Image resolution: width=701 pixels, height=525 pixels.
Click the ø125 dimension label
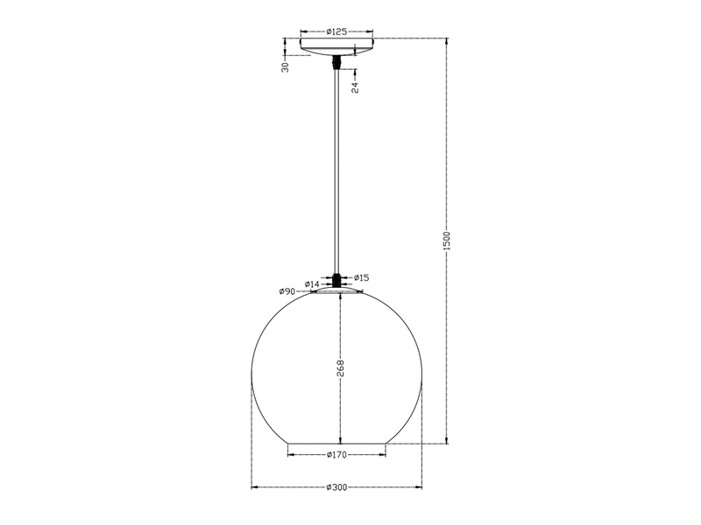pos(336,31)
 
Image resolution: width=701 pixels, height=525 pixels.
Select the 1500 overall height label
pos(449,241)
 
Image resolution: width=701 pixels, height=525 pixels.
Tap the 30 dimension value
pos(286,67)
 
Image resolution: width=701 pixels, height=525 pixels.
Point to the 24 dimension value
pos(355,87)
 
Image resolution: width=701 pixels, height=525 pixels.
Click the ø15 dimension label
pos(362,277)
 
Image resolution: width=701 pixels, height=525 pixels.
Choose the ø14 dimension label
pos(312,283)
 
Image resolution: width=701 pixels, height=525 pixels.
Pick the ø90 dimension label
pos(287,291)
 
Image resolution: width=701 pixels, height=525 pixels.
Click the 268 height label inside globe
pos(340,368)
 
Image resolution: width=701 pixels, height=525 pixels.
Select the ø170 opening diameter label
pos(336,455)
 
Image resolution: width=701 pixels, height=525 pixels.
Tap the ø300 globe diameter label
pos(336,487)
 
